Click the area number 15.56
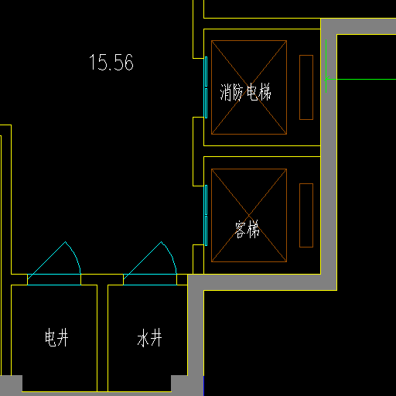coord(111,62)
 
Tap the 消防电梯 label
coord(245,92)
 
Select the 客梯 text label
coord(247,229)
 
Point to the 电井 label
coord(56,337)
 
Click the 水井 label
coord(149,337)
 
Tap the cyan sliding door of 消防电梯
coord(206,87)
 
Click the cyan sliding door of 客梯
coord(206,215)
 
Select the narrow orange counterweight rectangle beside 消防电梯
coord(306,87)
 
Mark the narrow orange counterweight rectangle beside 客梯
coord(306,215)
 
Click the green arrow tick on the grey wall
coord(326,79)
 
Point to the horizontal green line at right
coord(361,79)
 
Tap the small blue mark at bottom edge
coord(203,386)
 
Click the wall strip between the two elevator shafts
coord(262,151)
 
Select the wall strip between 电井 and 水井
coord(102,338)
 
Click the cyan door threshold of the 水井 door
coord(150,279)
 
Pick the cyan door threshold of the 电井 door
coord(54,279)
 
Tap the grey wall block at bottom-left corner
coord(11,385)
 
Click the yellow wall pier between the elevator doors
coord(198,152)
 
